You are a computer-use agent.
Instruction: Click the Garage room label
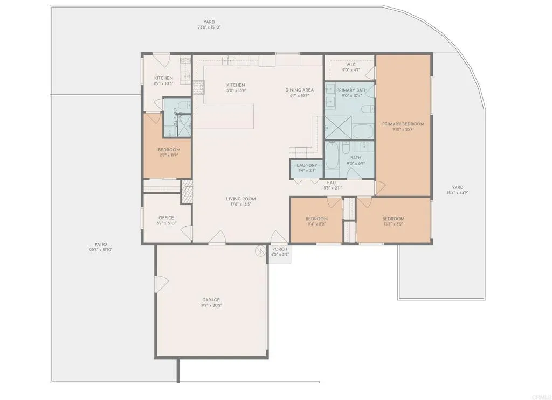[211, 300]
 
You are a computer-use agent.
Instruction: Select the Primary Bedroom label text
[403, 124]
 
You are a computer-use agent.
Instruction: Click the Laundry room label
[306, 165]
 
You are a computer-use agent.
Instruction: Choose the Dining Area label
[300, 90]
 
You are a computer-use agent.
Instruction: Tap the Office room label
[166, 218]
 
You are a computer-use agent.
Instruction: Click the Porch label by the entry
[280, 249]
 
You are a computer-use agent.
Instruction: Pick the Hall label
[332, 183]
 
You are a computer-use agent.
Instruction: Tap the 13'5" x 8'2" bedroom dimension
[393, 224]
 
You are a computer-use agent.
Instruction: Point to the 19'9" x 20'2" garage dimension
[211, 305]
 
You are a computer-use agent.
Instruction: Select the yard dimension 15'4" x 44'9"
[457, 193]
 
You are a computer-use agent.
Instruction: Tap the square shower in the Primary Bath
[337, 128]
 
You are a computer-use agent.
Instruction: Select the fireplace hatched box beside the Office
[187, 191]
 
